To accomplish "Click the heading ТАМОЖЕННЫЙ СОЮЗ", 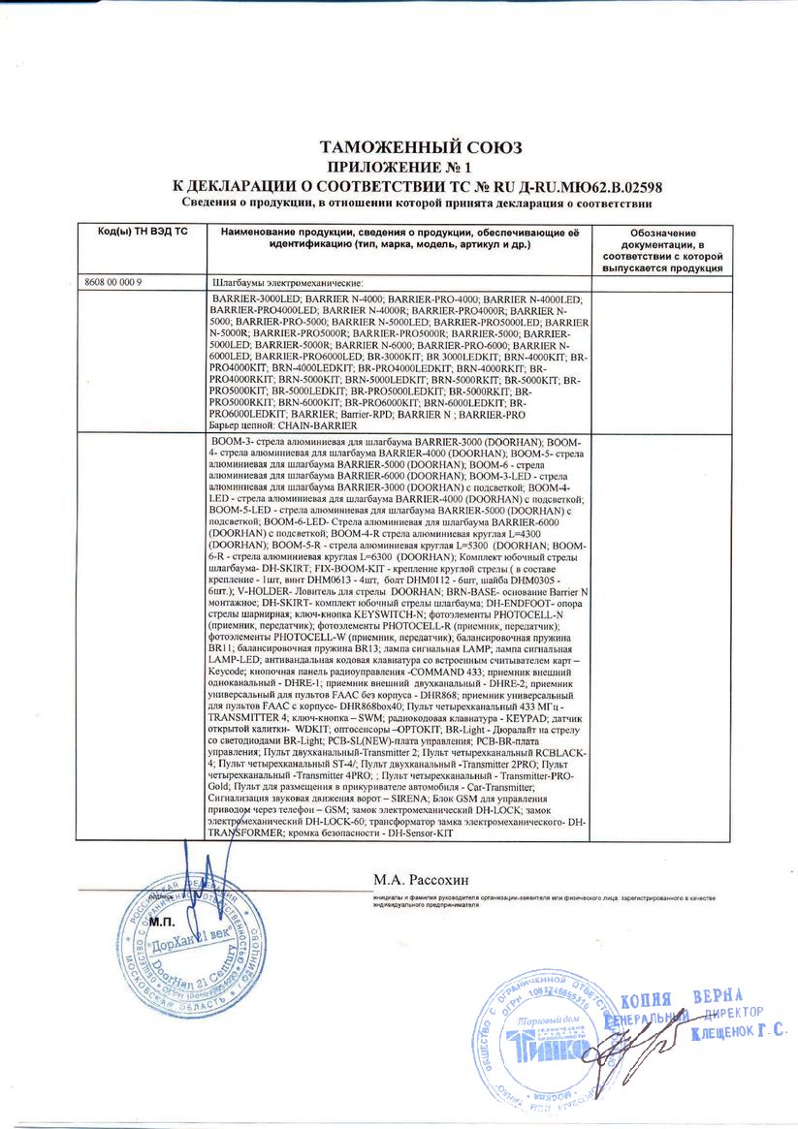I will [x=421, y=148].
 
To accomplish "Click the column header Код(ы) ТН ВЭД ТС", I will [x=142, y=234].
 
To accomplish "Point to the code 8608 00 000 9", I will [x=113, y=282].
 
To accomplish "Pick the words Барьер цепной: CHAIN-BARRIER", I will [x=283, y=424].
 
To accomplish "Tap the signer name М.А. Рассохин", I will [x=421, y=879].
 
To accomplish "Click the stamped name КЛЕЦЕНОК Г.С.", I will [x=739, y=1034].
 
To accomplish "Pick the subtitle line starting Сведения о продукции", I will [x=417, y=204].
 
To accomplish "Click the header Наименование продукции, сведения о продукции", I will [x=399, y=234].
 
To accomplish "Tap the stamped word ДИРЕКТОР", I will [x=739, y=1014].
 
